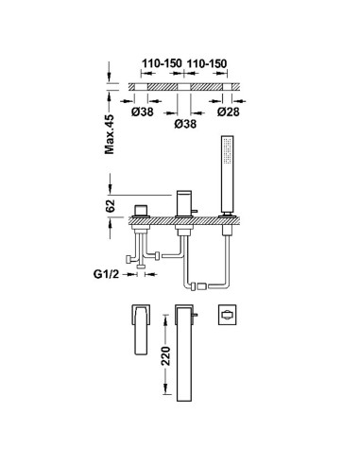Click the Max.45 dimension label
(x=110, y=134)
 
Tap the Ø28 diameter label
(x=228, y=112)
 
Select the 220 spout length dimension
(x=165, y=355)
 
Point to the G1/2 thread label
(x=107, y=274)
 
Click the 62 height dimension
(x=111, y=206)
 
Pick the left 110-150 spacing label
(x=162, y=63)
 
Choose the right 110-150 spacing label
(x=207, y=63)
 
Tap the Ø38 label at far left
(x=143, y=112)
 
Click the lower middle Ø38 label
(x=185, y=124)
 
